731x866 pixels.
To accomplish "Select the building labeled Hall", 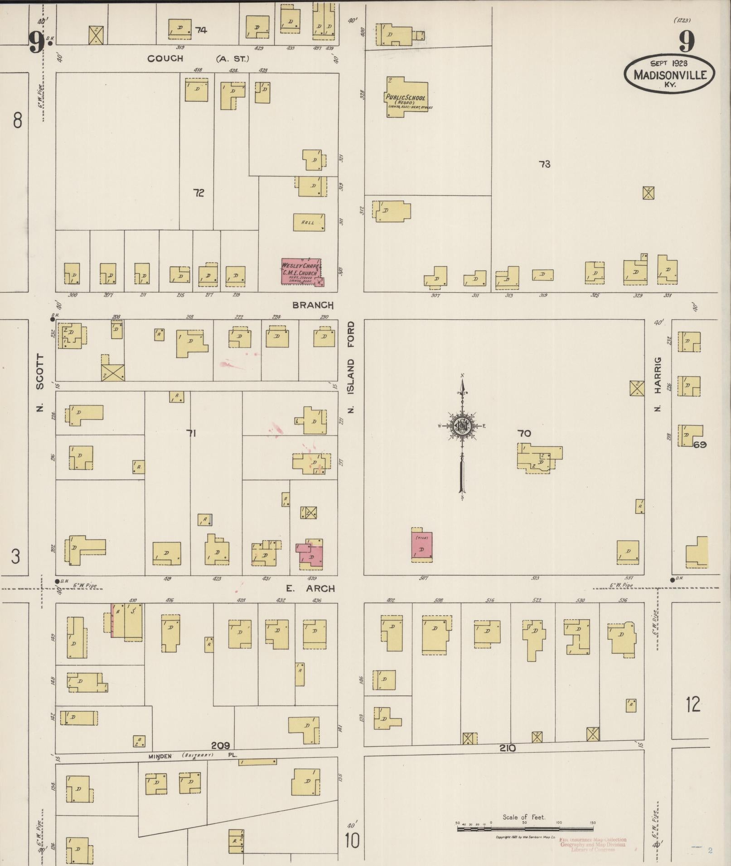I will pos(309,222).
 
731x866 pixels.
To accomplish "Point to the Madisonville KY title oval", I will pos(669,74).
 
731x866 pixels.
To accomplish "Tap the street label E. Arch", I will pos(310,588).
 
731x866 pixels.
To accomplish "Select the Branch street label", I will pos(313,305).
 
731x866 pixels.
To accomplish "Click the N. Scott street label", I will pos(40,383).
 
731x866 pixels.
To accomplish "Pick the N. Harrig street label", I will pos(658,384).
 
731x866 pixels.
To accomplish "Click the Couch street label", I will pos(165,58).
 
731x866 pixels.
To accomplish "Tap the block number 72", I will pos(198,193).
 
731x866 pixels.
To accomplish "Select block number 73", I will pos(544,164).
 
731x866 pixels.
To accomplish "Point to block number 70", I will pos(524,433).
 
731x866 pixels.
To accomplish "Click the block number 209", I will pos(220,745).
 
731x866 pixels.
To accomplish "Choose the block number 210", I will pos(508,748).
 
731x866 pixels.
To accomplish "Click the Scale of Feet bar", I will pos(524,829).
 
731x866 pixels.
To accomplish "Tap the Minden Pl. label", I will pos(194,756).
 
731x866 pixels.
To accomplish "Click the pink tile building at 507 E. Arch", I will pos(421,545).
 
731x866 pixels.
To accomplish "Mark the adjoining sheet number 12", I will pos(693,705).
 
